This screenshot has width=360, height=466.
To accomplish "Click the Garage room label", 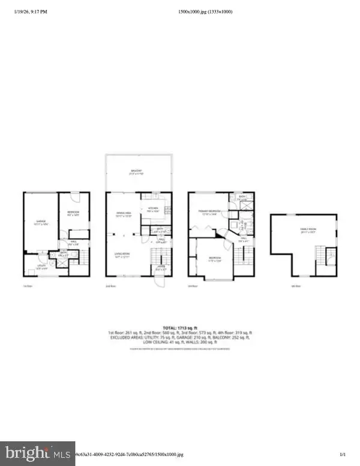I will click(41, 222).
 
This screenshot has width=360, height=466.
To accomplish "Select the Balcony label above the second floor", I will click(137, 173).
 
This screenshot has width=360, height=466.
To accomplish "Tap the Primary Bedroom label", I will click(208, 212).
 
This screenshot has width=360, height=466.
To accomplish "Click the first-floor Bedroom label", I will click(73, 213).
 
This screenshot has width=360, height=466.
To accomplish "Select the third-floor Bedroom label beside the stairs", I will click(214, 260).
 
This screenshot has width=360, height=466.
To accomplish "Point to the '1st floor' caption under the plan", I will click(26, 286).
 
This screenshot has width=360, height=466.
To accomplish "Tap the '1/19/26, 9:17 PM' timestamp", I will click(26, 11).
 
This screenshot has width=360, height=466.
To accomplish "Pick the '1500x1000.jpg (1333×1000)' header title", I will click(206, 11).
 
